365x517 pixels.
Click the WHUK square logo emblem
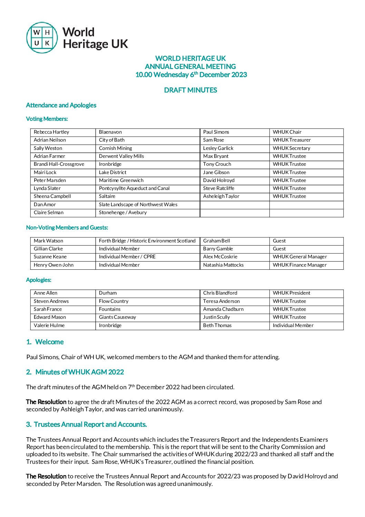tap(42, 38)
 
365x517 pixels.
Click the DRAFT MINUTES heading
tap(190, 90)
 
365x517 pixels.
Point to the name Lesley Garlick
tap(218, 148)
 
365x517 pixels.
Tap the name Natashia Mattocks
tap(223, 265)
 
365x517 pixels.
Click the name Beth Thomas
tap(217, 325)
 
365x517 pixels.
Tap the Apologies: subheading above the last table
tap(39, 280)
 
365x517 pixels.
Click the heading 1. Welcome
tap(45, 342)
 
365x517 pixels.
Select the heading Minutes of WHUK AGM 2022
tap(79, 372)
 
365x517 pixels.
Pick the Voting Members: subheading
tap(47, 119)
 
